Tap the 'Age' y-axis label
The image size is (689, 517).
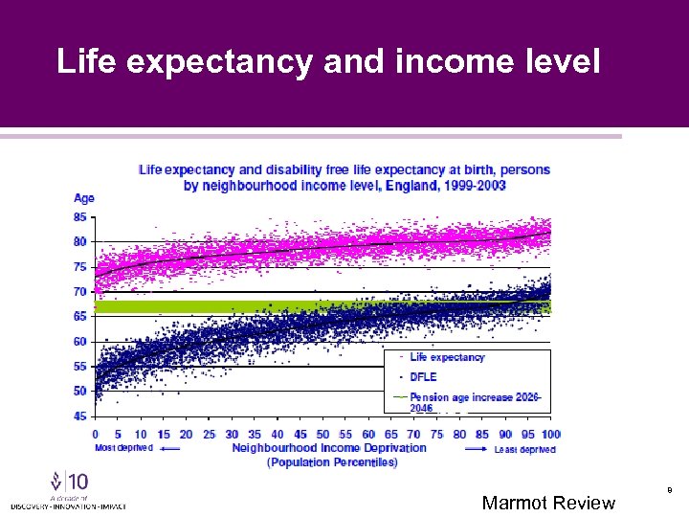click(84, 198)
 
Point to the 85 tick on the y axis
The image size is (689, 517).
click(80, 216)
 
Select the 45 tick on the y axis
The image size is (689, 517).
click(80, 416)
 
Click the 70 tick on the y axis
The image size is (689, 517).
click(80, 291)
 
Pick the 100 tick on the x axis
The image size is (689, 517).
click(550, 434)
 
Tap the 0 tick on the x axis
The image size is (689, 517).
click(95, 434)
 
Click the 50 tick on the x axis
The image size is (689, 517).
click(322, 434)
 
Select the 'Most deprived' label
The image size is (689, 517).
click(123, 448)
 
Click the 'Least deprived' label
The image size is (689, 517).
click(524, 448)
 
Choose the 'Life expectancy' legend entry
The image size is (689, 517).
click(447, 357)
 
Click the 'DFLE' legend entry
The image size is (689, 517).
click(423, 377)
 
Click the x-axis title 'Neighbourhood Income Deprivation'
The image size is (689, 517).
click(328, 448)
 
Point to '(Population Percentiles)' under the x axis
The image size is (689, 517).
click(332, 461)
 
